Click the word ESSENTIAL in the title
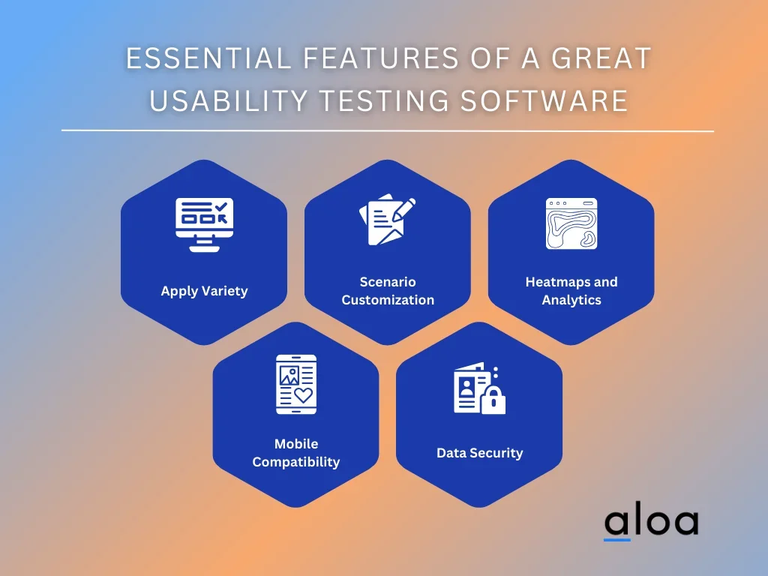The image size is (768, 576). click(x=209, y=58)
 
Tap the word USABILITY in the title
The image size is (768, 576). click(x=229, y=100)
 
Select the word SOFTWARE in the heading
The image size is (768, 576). click(x=544, y=100)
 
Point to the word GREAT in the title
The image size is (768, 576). click(x=601, y=58)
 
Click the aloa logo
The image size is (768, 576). click(x=651, y=523)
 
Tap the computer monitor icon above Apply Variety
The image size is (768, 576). click(x=204, y=225)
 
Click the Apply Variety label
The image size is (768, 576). click(x=204, y=291)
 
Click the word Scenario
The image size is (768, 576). click(x=388, y=282)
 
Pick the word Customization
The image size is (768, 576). click(x=388, y=300)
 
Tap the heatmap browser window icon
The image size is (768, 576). click(x=571, y=223)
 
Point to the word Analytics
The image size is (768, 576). click(x=571, y=300)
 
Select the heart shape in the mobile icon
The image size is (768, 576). click(x=303, y=394)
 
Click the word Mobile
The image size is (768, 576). click(x=296, y=444)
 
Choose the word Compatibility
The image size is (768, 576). click(x=296, y=462)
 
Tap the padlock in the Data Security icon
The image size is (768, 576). click(x=493, y=400)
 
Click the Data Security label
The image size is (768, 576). click(x=480, y=453)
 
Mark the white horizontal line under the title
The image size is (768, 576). click(x=388, y=130)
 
